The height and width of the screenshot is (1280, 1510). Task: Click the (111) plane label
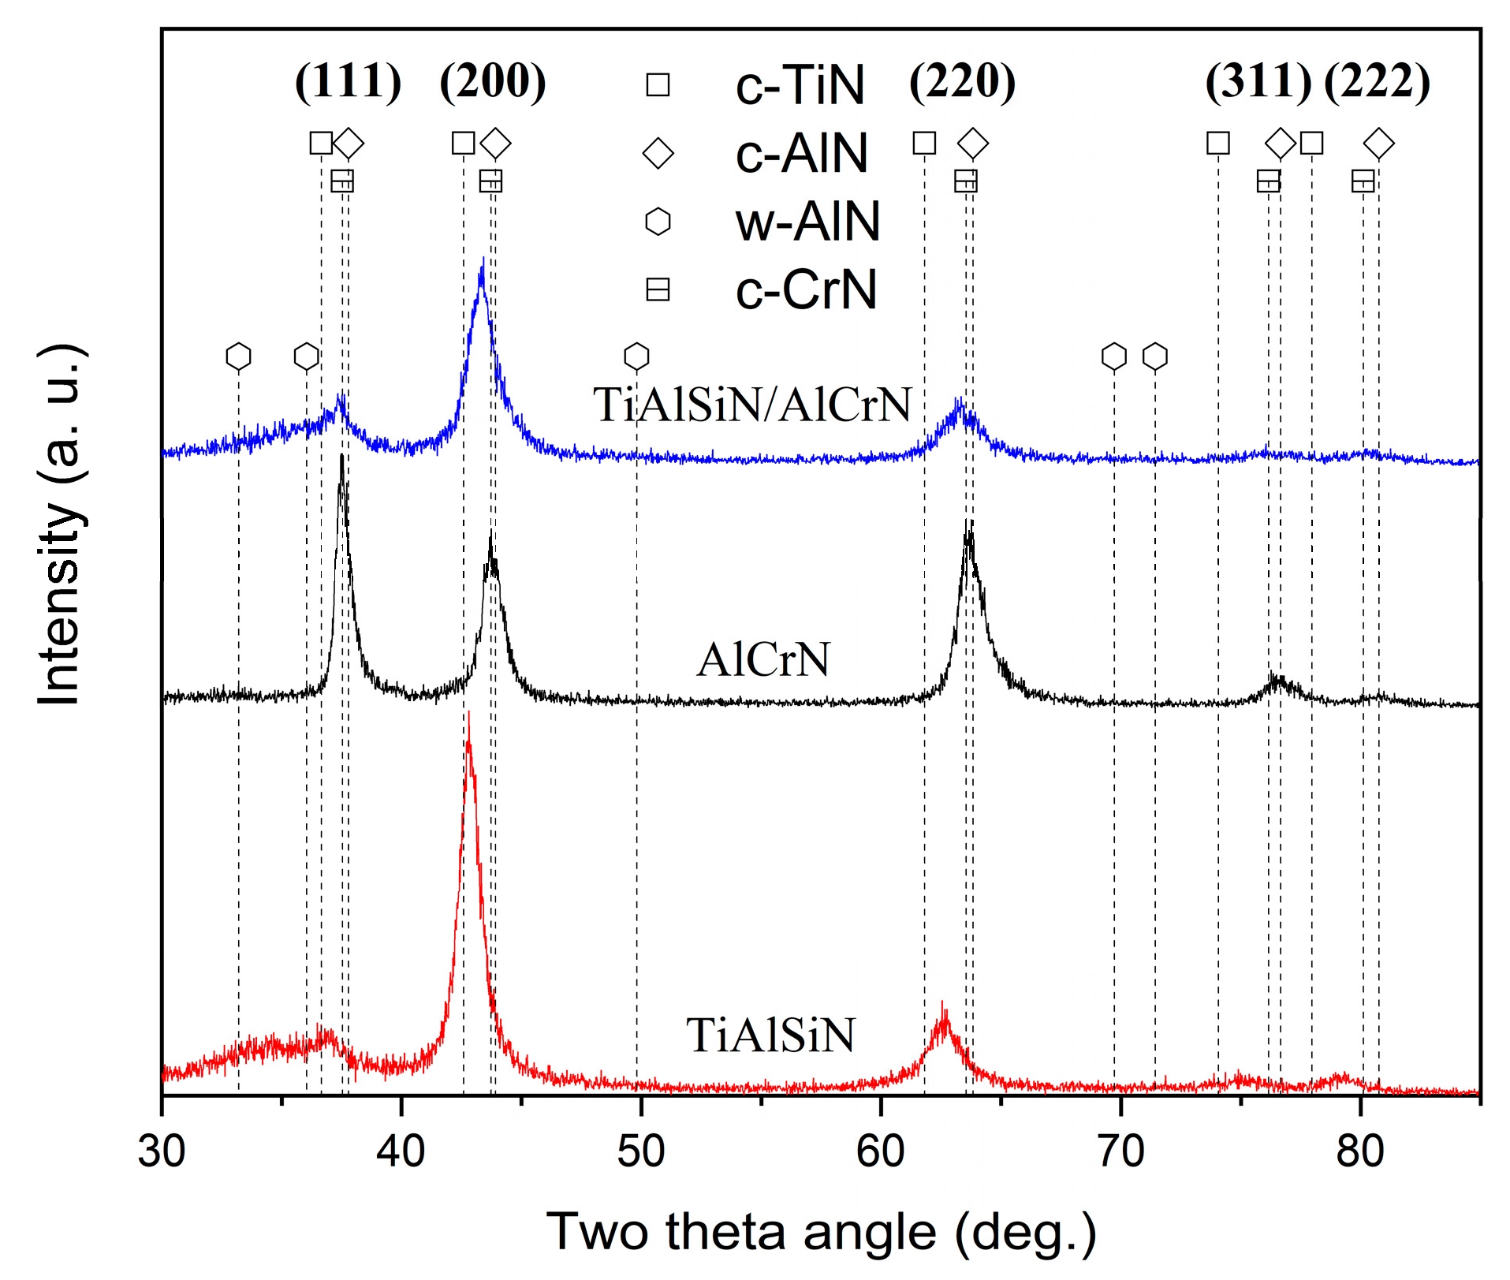(348, 81)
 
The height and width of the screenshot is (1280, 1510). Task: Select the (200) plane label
(493, 81)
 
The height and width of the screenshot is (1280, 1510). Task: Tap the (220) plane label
(962, 81)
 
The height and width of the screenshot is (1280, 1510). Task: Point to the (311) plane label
(1258, 81)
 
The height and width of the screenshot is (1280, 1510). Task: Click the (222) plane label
(1377, 81)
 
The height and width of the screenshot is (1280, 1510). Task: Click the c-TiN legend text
(800, 85)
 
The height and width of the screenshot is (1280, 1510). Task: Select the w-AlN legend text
(807, 222)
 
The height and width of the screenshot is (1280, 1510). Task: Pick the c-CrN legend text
(806, 290)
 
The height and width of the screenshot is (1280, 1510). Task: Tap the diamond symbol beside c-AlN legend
(658, 153)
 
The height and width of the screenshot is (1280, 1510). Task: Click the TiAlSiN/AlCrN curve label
(751, 405)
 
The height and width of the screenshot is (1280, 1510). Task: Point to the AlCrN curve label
(763, 659)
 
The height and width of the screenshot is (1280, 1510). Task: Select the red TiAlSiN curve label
(770, 1036)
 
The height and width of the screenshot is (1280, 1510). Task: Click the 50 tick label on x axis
(640, 1151)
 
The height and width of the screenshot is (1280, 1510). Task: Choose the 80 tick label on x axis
(1359, 1151)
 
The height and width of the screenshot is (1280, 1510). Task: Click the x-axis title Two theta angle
(821, 1232)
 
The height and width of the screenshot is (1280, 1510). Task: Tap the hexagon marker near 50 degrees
(636, 356)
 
